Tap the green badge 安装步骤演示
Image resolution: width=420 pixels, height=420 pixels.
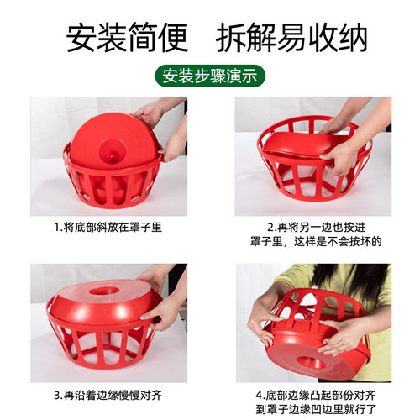210,76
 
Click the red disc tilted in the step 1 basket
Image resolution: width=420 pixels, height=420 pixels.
109,143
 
